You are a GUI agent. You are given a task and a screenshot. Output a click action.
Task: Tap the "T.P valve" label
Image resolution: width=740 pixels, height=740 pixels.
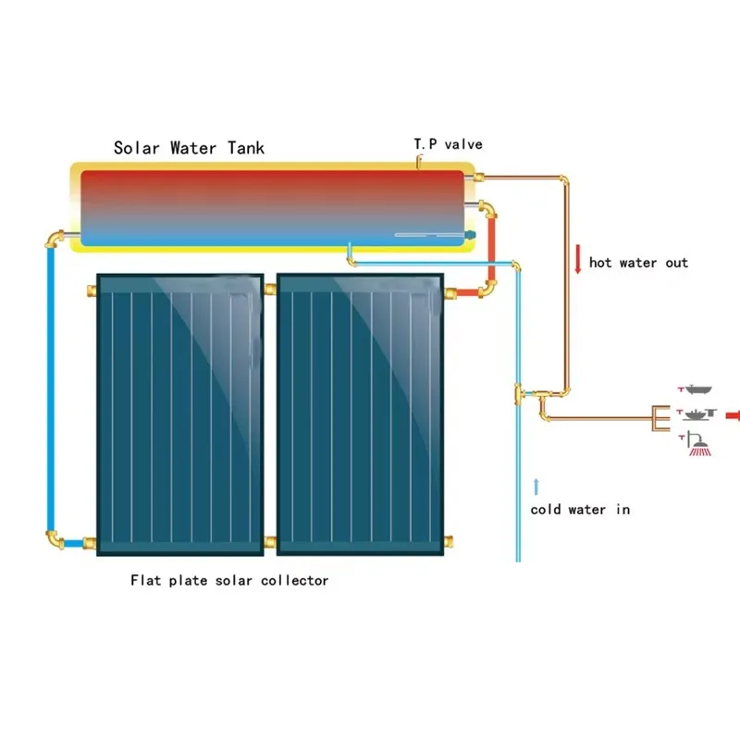tap(448, 144)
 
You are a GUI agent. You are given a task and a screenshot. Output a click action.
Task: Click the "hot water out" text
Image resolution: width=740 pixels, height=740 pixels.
tap(639, 263)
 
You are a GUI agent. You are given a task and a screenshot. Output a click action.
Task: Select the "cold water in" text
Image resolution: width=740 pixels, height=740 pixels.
tap(581, 510)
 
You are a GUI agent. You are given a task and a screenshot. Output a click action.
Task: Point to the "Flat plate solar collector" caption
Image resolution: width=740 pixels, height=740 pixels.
tap(229, 581)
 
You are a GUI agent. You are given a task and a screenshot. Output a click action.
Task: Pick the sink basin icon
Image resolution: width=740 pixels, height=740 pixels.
tap(697, 412)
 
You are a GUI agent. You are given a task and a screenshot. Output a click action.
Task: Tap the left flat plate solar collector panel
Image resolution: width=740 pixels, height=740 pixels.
tap(179, 413)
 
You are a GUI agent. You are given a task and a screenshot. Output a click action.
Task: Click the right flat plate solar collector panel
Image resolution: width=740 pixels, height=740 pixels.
tap(361, 413)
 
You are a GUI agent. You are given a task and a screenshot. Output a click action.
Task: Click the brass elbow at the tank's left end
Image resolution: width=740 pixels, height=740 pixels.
tap(55, 240)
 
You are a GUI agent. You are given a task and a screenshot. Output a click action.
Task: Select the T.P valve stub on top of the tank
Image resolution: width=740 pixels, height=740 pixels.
tap(419, 163)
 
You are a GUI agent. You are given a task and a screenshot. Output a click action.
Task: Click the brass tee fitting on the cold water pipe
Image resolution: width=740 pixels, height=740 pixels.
tap(520, 395)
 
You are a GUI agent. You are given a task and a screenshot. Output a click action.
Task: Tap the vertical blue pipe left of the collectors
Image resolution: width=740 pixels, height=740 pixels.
tap(51, 388)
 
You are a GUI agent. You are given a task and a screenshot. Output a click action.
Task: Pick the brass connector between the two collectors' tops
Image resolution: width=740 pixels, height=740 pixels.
tap(270, 290)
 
